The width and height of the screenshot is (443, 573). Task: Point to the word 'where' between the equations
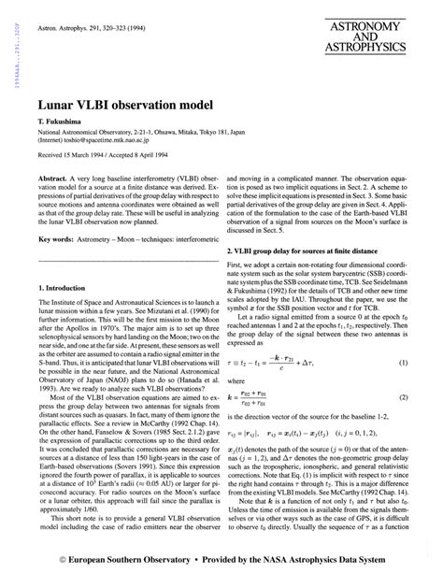237,381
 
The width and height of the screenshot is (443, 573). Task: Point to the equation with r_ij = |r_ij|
307,435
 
